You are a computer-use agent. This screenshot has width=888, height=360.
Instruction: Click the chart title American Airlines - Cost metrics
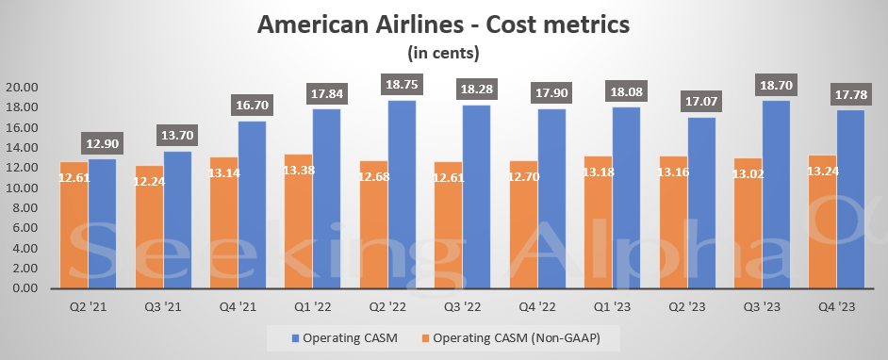pos(443,25)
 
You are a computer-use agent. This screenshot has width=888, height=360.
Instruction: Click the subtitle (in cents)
pos(443,52)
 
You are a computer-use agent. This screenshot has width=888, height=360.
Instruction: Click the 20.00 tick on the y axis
pos(24,88)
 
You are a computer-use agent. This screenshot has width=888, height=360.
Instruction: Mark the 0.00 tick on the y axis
pos(26,288)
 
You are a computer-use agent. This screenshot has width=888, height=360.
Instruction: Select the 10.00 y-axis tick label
pos(24,188)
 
